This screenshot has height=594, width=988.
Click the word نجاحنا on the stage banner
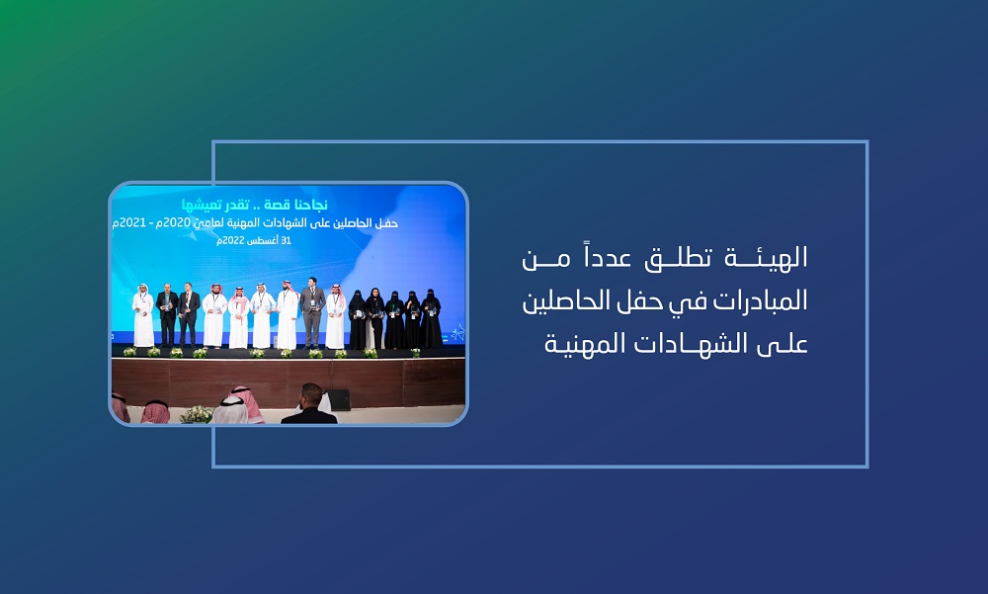click(312, 205)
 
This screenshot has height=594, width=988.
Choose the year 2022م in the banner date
click(231, 241)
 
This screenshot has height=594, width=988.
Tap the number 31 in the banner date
click(286, 241)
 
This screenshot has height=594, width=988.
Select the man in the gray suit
click(312, 312)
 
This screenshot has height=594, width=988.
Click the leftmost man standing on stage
click(143, 315)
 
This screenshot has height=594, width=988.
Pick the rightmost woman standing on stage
click(431, 318)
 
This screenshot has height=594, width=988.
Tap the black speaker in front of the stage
click(338, 399)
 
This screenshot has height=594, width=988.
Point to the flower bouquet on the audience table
click(197, 414)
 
